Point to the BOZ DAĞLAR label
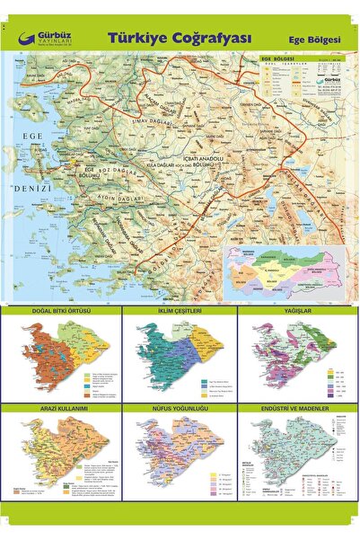(117, 168)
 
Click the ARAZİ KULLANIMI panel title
(61, 409)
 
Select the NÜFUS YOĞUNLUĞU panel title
(180, 409)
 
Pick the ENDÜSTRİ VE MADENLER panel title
(297, 409)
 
